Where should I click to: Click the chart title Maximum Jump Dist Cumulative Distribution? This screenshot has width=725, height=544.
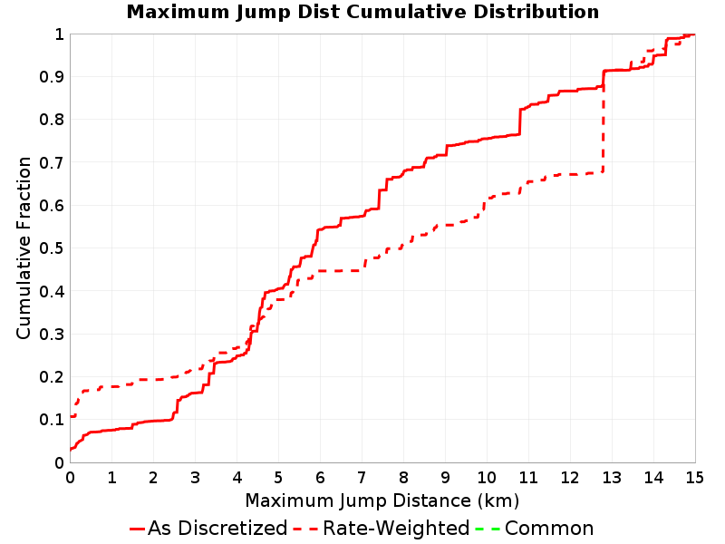[362, 12]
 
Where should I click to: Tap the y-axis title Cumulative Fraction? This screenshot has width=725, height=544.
[24, 248]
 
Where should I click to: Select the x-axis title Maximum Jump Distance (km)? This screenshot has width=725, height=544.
[382, 500]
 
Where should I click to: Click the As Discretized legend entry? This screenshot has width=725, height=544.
[208, 528]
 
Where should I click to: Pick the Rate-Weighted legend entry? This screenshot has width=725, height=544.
[382, 528]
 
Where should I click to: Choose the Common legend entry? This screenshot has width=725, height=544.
[535, 528]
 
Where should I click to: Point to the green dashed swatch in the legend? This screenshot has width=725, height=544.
[488, 529]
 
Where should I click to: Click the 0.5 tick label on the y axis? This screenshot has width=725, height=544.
[52, 248]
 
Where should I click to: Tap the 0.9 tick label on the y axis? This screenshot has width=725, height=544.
[52, 77]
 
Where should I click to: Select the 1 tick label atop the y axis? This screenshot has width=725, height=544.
[59, 34]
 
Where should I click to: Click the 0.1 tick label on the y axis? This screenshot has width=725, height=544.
[52, 420]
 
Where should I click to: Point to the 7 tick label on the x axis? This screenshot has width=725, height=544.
[362, 477]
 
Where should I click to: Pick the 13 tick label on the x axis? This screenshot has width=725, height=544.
[612, 477]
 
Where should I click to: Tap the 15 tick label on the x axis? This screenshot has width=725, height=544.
[695, 477]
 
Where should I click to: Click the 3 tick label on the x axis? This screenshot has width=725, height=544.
[195, 477]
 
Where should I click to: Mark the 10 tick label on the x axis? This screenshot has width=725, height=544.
[487, 477]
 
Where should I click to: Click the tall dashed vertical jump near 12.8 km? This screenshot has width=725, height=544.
[603, 129]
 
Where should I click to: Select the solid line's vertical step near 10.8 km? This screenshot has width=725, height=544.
[519, 122]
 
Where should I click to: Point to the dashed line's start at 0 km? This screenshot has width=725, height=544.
[71, 416]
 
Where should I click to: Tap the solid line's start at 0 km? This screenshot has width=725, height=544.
[71, 449]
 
